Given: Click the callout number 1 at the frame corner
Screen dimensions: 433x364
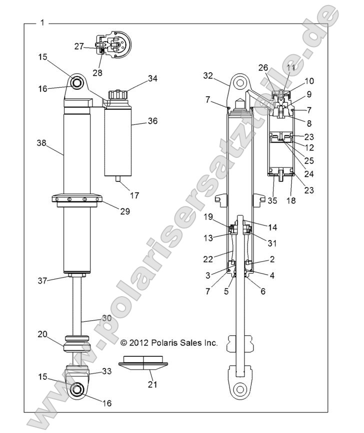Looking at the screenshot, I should tap(42, 23).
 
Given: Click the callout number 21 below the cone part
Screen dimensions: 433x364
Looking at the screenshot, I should tap(150, 384).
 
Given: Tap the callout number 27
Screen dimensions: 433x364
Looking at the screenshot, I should tap(79, 46).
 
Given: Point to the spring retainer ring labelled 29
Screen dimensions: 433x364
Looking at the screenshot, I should tap(77, 201).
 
